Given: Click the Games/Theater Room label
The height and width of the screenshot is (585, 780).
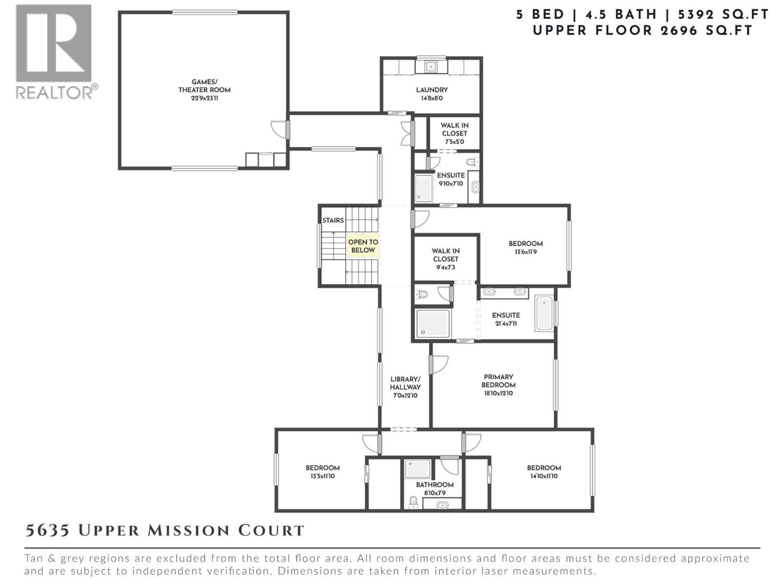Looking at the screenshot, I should click(204, 90).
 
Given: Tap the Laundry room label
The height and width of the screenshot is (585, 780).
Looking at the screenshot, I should click(431, 94).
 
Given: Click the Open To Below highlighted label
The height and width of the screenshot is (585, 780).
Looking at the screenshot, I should click(363, 246).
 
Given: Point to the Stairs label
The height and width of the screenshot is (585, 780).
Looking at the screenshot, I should click(333, 220).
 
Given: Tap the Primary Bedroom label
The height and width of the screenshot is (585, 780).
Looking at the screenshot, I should click(498, 385).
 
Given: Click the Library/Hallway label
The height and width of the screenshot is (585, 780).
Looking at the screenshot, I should click(405, 387).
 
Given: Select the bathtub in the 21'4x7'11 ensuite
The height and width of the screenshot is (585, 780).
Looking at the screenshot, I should click(544, 313).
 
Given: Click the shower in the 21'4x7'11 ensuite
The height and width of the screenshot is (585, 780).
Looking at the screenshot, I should click(432, 323).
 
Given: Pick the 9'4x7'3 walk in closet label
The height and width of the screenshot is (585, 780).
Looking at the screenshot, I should click(446, 259).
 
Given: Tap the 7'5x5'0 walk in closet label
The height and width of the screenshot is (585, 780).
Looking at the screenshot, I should click(454, 133).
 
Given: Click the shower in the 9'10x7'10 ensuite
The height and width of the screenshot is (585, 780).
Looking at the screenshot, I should click(424, 188).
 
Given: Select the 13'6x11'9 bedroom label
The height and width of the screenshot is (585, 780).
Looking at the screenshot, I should click(526, 248).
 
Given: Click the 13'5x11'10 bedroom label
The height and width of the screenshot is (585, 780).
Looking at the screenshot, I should click(322, 471).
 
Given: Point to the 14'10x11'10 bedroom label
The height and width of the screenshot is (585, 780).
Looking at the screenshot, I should click(544, 471).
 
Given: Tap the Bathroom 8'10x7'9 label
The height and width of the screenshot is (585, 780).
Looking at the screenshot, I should click(434, 488).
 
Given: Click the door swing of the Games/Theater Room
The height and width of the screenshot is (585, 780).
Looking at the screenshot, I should click(279, 129).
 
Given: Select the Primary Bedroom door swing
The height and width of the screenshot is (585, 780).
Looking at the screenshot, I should click(440, 364).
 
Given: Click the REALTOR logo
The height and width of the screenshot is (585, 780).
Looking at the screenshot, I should click(55, 51).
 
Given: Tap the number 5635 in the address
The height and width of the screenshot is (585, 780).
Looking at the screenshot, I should click(47, 530).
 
